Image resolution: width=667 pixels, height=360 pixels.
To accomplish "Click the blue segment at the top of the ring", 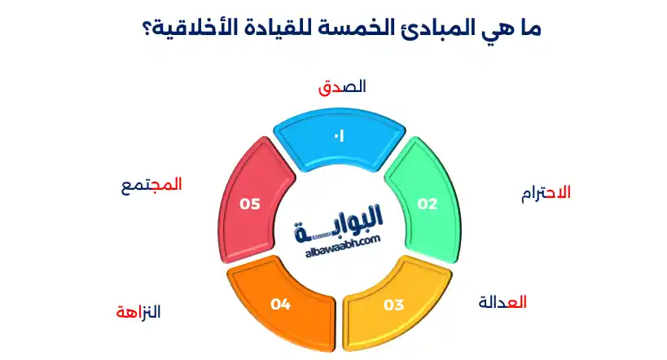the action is coord(339,139).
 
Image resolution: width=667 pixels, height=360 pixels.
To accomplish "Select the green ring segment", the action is coord(425,200).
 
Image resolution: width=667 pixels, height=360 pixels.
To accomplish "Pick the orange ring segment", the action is coord(281,305).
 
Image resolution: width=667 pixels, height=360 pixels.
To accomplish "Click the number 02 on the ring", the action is coord(428,204).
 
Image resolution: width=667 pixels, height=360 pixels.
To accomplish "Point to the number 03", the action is coord(393,305).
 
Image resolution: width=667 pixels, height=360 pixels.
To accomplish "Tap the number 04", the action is coord(281,305).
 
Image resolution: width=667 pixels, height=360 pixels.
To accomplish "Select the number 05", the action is coord(250,204).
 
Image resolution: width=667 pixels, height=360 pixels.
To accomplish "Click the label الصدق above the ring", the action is coord(342,87).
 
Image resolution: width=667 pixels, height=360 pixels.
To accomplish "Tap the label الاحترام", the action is coord(546,194).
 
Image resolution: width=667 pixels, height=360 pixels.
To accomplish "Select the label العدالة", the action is coord(502,302).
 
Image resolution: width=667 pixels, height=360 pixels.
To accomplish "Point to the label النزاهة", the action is coord(138,312).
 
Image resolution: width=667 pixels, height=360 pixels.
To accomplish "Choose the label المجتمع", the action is coord(151,186).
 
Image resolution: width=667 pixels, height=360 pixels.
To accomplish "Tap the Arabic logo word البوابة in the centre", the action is coord(339,223).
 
